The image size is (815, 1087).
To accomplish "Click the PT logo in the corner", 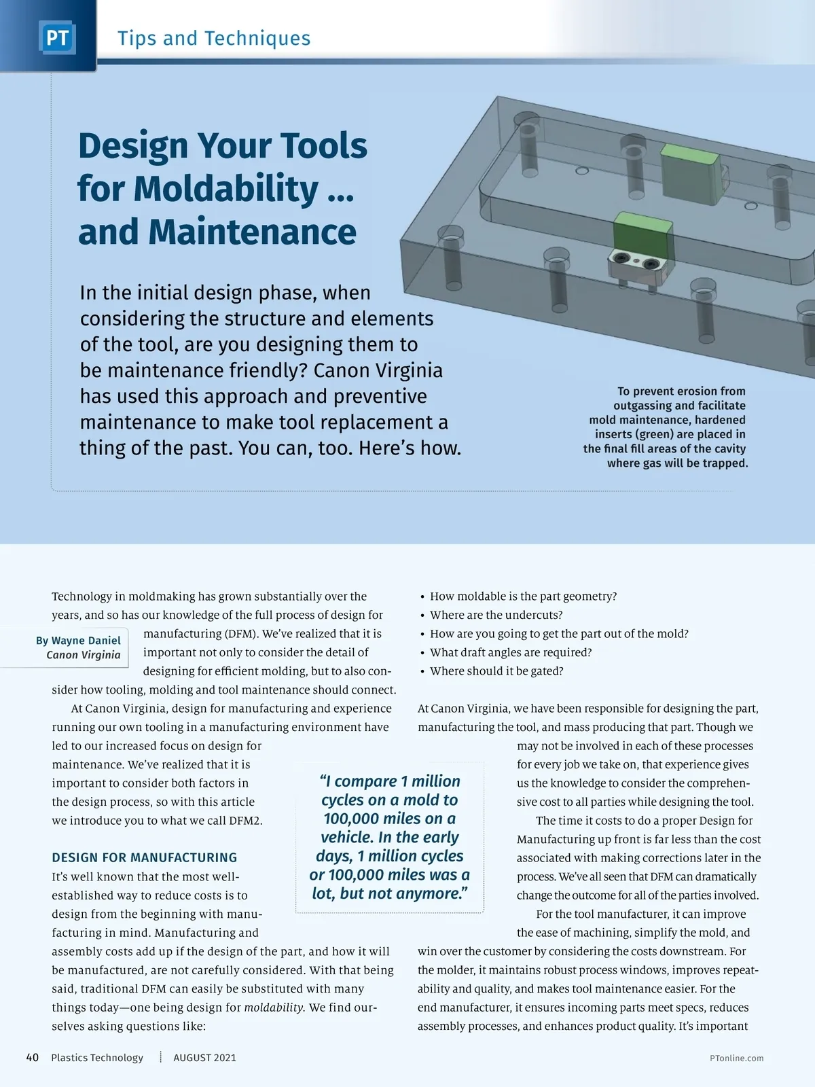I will point(57,38).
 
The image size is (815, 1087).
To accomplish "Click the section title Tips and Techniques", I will point(214,38).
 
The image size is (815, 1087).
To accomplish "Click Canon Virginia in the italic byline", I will point(84,655).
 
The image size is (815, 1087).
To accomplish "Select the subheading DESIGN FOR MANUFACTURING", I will point(145,857).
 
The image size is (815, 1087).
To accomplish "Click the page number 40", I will point(32,1057).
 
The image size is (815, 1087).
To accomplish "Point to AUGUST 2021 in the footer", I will point(204,1057).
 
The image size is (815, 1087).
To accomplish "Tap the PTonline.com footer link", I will point(736,1058).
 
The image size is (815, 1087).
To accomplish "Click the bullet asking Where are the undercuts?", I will point(496,615).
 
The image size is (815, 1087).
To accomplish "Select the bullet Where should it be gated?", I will point(496,671).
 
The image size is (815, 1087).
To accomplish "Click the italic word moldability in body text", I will point(274,1007).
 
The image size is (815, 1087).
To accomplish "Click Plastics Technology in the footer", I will point(97,1057).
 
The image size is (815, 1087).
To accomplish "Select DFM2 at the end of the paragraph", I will point(245,820).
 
